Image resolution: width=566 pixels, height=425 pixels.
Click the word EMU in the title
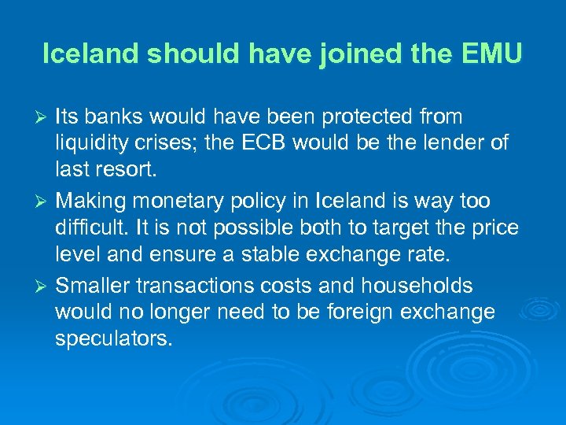(491, 54)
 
